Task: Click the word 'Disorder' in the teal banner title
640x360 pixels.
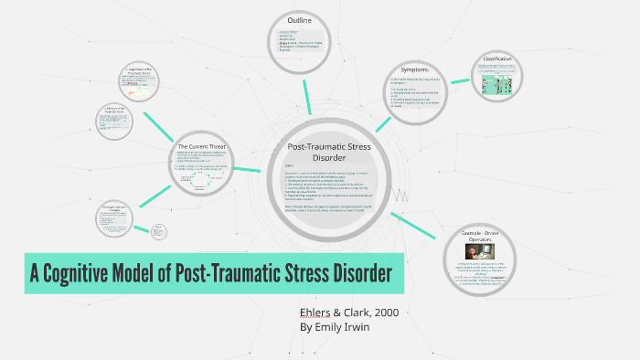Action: click(359, 273)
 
